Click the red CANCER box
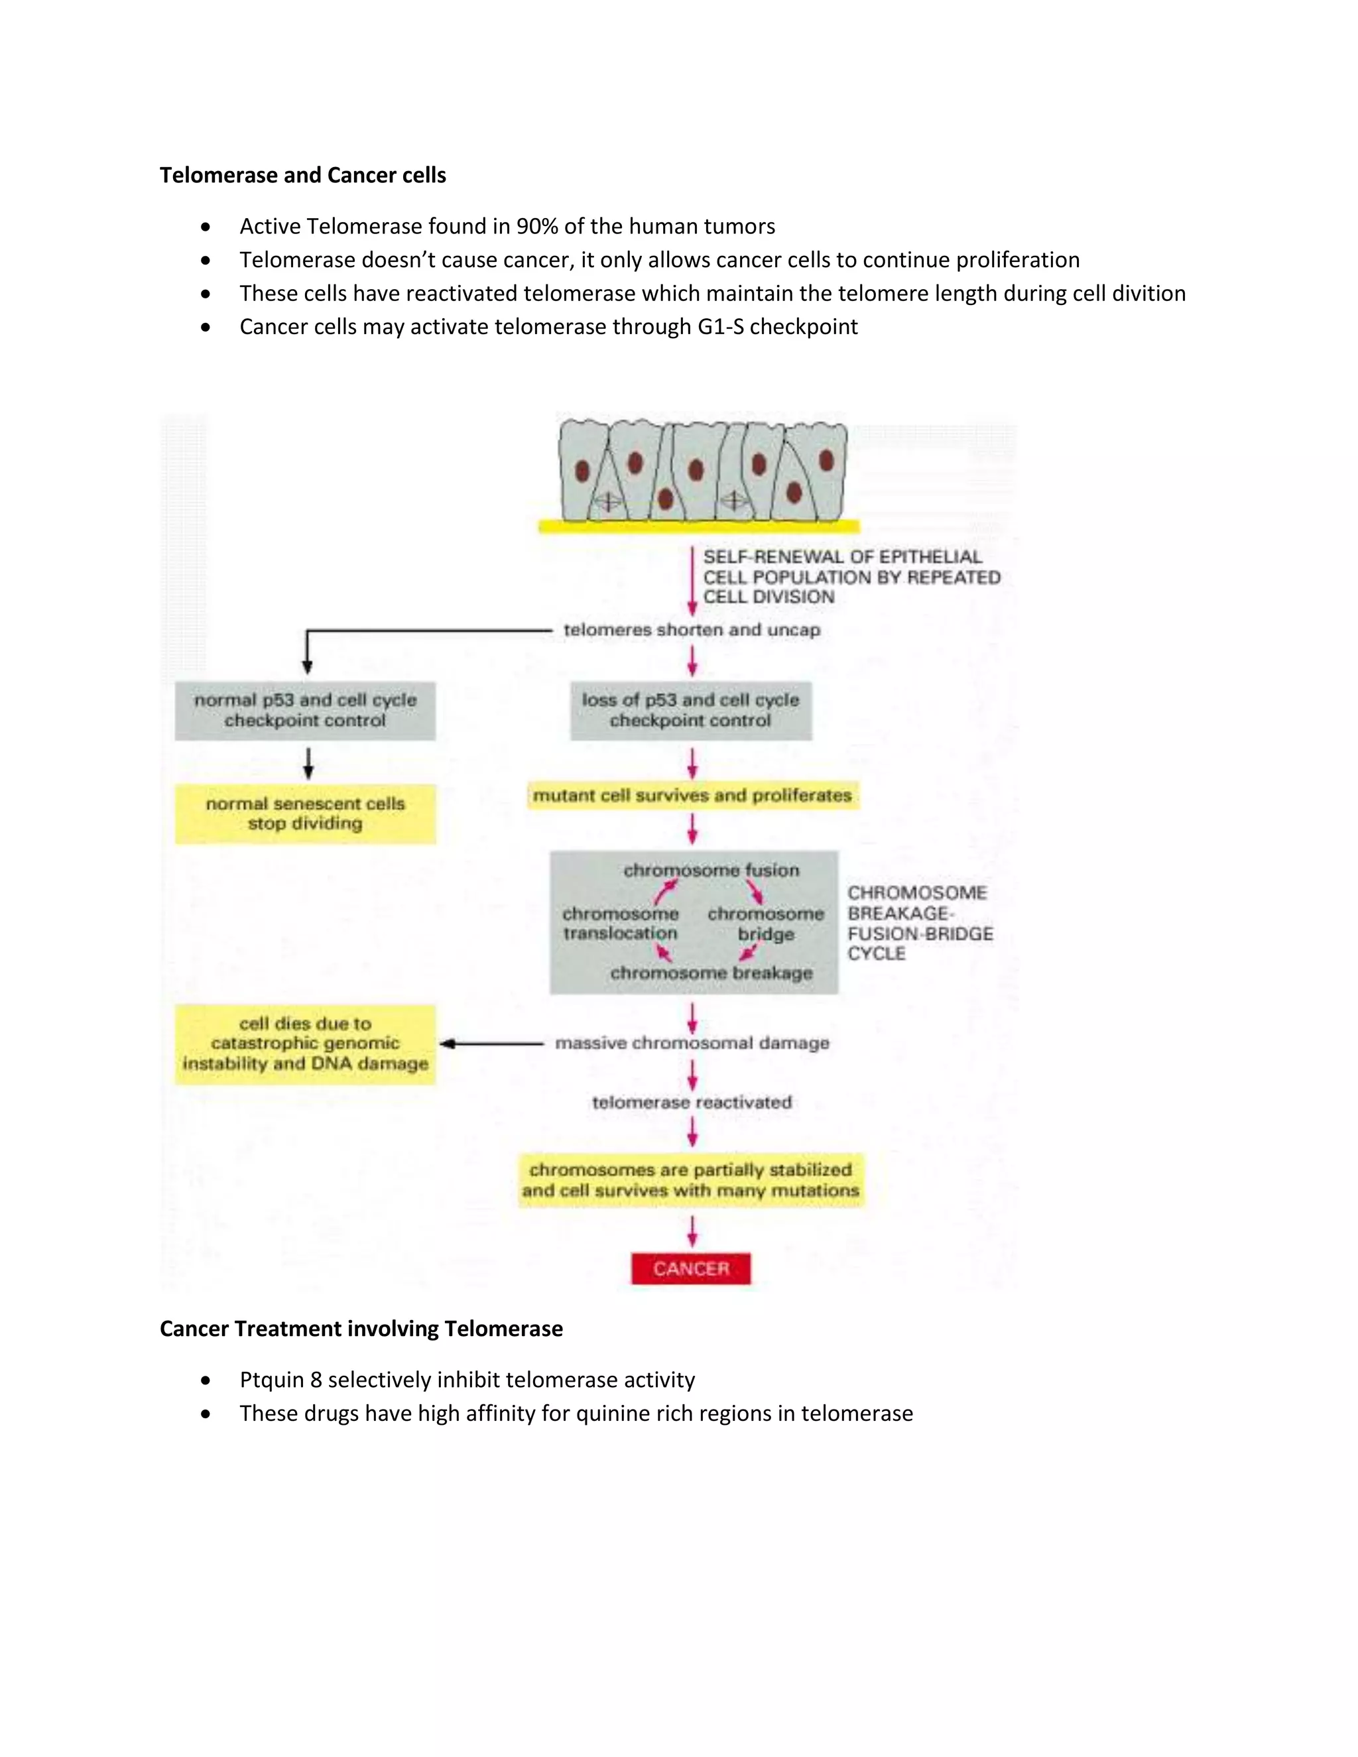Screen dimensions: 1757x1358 690,1268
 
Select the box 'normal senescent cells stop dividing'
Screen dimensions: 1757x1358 305,814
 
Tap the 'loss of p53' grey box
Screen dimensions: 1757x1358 690,710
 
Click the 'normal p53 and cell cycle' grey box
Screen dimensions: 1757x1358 305,710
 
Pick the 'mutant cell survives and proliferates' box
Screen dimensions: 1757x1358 692,795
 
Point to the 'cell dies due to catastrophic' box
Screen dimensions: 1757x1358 305,1044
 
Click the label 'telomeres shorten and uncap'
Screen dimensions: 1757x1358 692,630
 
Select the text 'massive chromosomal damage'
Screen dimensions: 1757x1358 692,1044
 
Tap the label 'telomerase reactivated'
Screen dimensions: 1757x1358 692,1102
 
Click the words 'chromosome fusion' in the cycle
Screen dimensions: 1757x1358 711,870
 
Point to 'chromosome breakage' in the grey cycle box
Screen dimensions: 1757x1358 711,973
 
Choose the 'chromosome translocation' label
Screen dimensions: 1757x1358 620,924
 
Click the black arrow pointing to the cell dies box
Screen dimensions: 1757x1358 491,1044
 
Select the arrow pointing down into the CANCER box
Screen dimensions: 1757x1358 692,1231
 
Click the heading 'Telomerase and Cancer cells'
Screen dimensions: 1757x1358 302,176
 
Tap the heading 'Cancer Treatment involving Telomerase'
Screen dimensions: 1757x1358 361,1328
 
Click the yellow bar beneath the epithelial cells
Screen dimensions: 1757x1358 698,527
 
